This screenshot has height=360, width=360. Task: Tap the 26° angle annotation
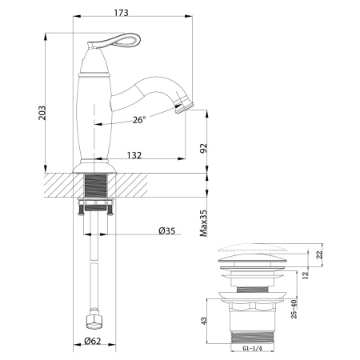pos(138,121)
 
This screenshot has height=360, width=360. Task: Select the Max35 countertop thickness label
pos(203,222)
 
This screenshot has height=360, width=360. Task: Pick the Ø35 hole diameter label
pos(166,231)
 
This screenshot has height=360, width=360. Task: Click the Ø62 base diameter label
pos(94,343)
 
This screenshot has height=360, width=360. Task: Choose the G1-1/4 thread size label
pos(252,350)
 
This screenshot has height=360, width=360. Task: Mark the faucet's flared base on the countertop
pos(95,167)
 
